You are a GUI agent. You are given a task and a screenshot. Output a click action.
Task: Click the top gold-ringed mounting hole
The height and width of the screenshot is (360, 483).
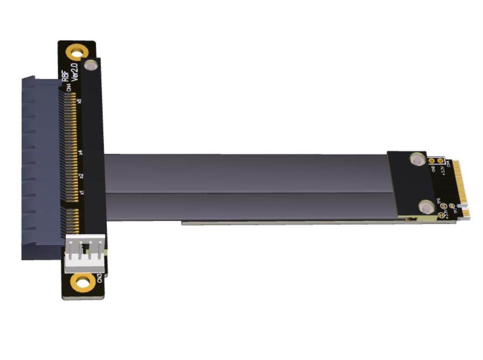point(76,53)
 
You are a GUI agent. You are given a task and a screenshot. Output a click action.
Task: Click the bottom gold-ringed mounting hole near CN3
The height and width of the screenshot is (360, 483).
point(83,282)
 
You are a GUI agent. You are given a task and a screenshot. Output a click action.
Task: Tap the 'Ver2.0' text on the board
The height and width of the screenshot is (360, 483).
point(75,73)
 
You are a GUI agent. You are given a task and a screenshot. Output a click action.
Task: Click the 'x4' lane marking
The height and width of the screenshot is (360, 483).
point(81,152)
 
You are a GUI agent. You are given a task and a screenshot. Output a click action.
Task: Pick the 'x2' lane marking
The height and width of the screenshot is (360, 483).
point(81,176)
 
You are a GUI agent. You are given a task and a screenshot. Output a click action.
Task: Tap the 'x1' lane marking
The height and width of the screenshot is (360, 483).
point(82,193)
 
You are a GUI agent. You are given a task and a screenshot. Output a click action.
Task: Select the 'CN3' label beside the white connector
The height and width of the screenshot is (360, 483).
point(100,278)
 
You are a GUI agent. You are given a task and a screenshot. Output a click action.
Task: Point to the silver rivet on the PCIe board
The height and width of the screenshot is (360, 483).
point(92,66)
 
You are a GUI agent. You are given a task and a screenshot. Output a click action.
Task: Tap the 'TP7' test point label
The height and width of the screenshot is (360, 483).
point(455,211)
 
